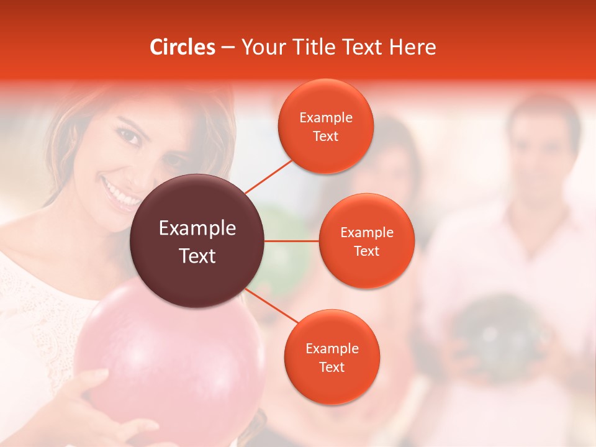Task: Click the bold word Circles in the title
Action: point(183,47)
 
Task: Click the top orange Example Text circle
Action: point(326,126)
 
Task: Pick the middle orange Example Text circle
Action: point(367,241)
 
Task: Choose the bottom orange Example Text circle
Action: point(332,357)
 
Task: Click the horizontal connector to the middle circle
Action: point(292,241)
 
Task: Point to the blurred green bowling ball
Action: point(282,248)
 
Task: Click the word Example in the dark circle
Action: point(197,228)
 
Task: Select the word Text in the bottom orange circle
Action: point(332,367)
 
